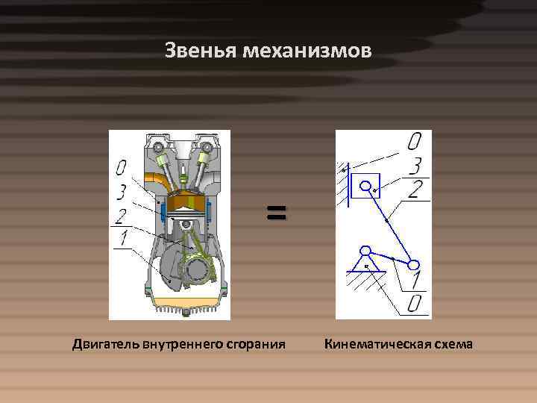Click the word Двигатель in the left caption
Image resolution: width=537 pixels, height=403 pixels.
[105, 345]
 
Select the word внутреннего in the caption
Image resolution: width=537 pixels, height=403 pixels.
[183, 345]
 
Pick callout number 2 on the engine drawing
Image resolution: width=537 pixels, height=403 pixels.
[121, 216]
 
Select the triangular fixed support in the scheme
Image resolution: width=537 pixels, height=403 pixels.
[365, 260]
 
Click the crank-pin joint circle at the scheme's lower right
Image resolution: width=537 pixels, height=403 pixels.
[412, 263]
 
